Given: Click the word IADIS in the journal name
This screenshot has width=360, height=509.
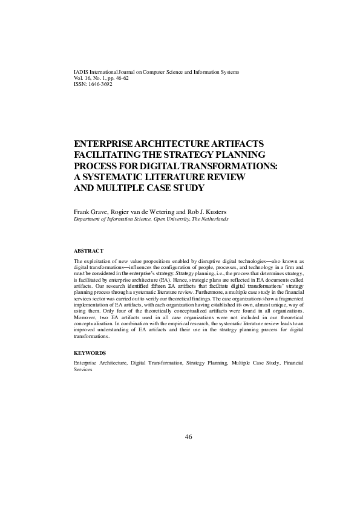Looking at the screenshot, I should (x=80, y=72).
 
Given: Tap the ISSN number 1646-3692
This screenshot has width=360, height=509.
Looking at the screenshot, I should (x=100, y=84).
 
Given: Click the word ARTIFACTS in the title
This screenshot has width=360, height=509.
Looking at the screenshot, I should (x=235, y=144).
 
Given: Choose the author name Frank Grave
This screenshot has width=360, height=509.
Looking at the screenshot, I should (x=88, y=212).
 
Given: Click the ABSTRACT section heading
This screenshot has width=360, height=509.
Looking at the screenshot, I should (x=88, y=250).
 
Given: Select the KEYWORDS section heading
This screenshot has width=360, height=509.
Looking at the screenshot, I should (x=90, y=352).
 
